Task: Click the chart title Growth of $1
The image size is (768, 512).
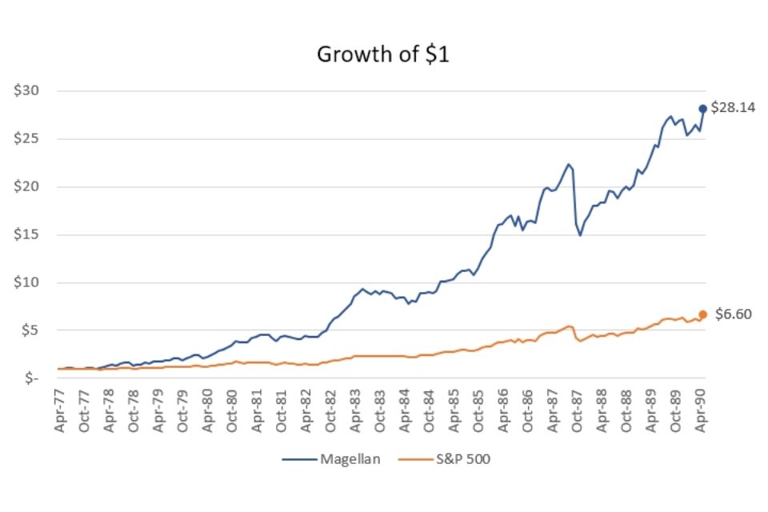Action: coord(384,54)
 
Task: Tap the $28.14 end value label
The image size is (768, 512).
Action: coord(733,108)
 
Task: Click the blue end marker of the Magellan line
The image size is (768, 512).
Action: coord(703,109)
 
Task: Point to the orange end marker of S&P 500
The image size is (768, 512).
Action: coord(703,314)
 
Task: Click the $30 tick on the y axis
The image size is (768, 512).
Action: coord(27,91)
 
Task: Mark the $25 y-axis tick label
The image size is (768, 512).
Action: coord(27,139)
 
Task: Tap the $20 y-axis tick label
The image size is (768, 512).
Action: coord(27,187)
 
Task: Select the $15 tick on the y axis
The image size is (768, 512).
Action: coord(27,234)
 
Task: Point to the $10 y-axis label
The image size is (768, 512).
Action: coord(27,282)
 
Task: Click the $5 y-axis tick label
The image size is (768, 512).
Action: coord(30,330)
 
